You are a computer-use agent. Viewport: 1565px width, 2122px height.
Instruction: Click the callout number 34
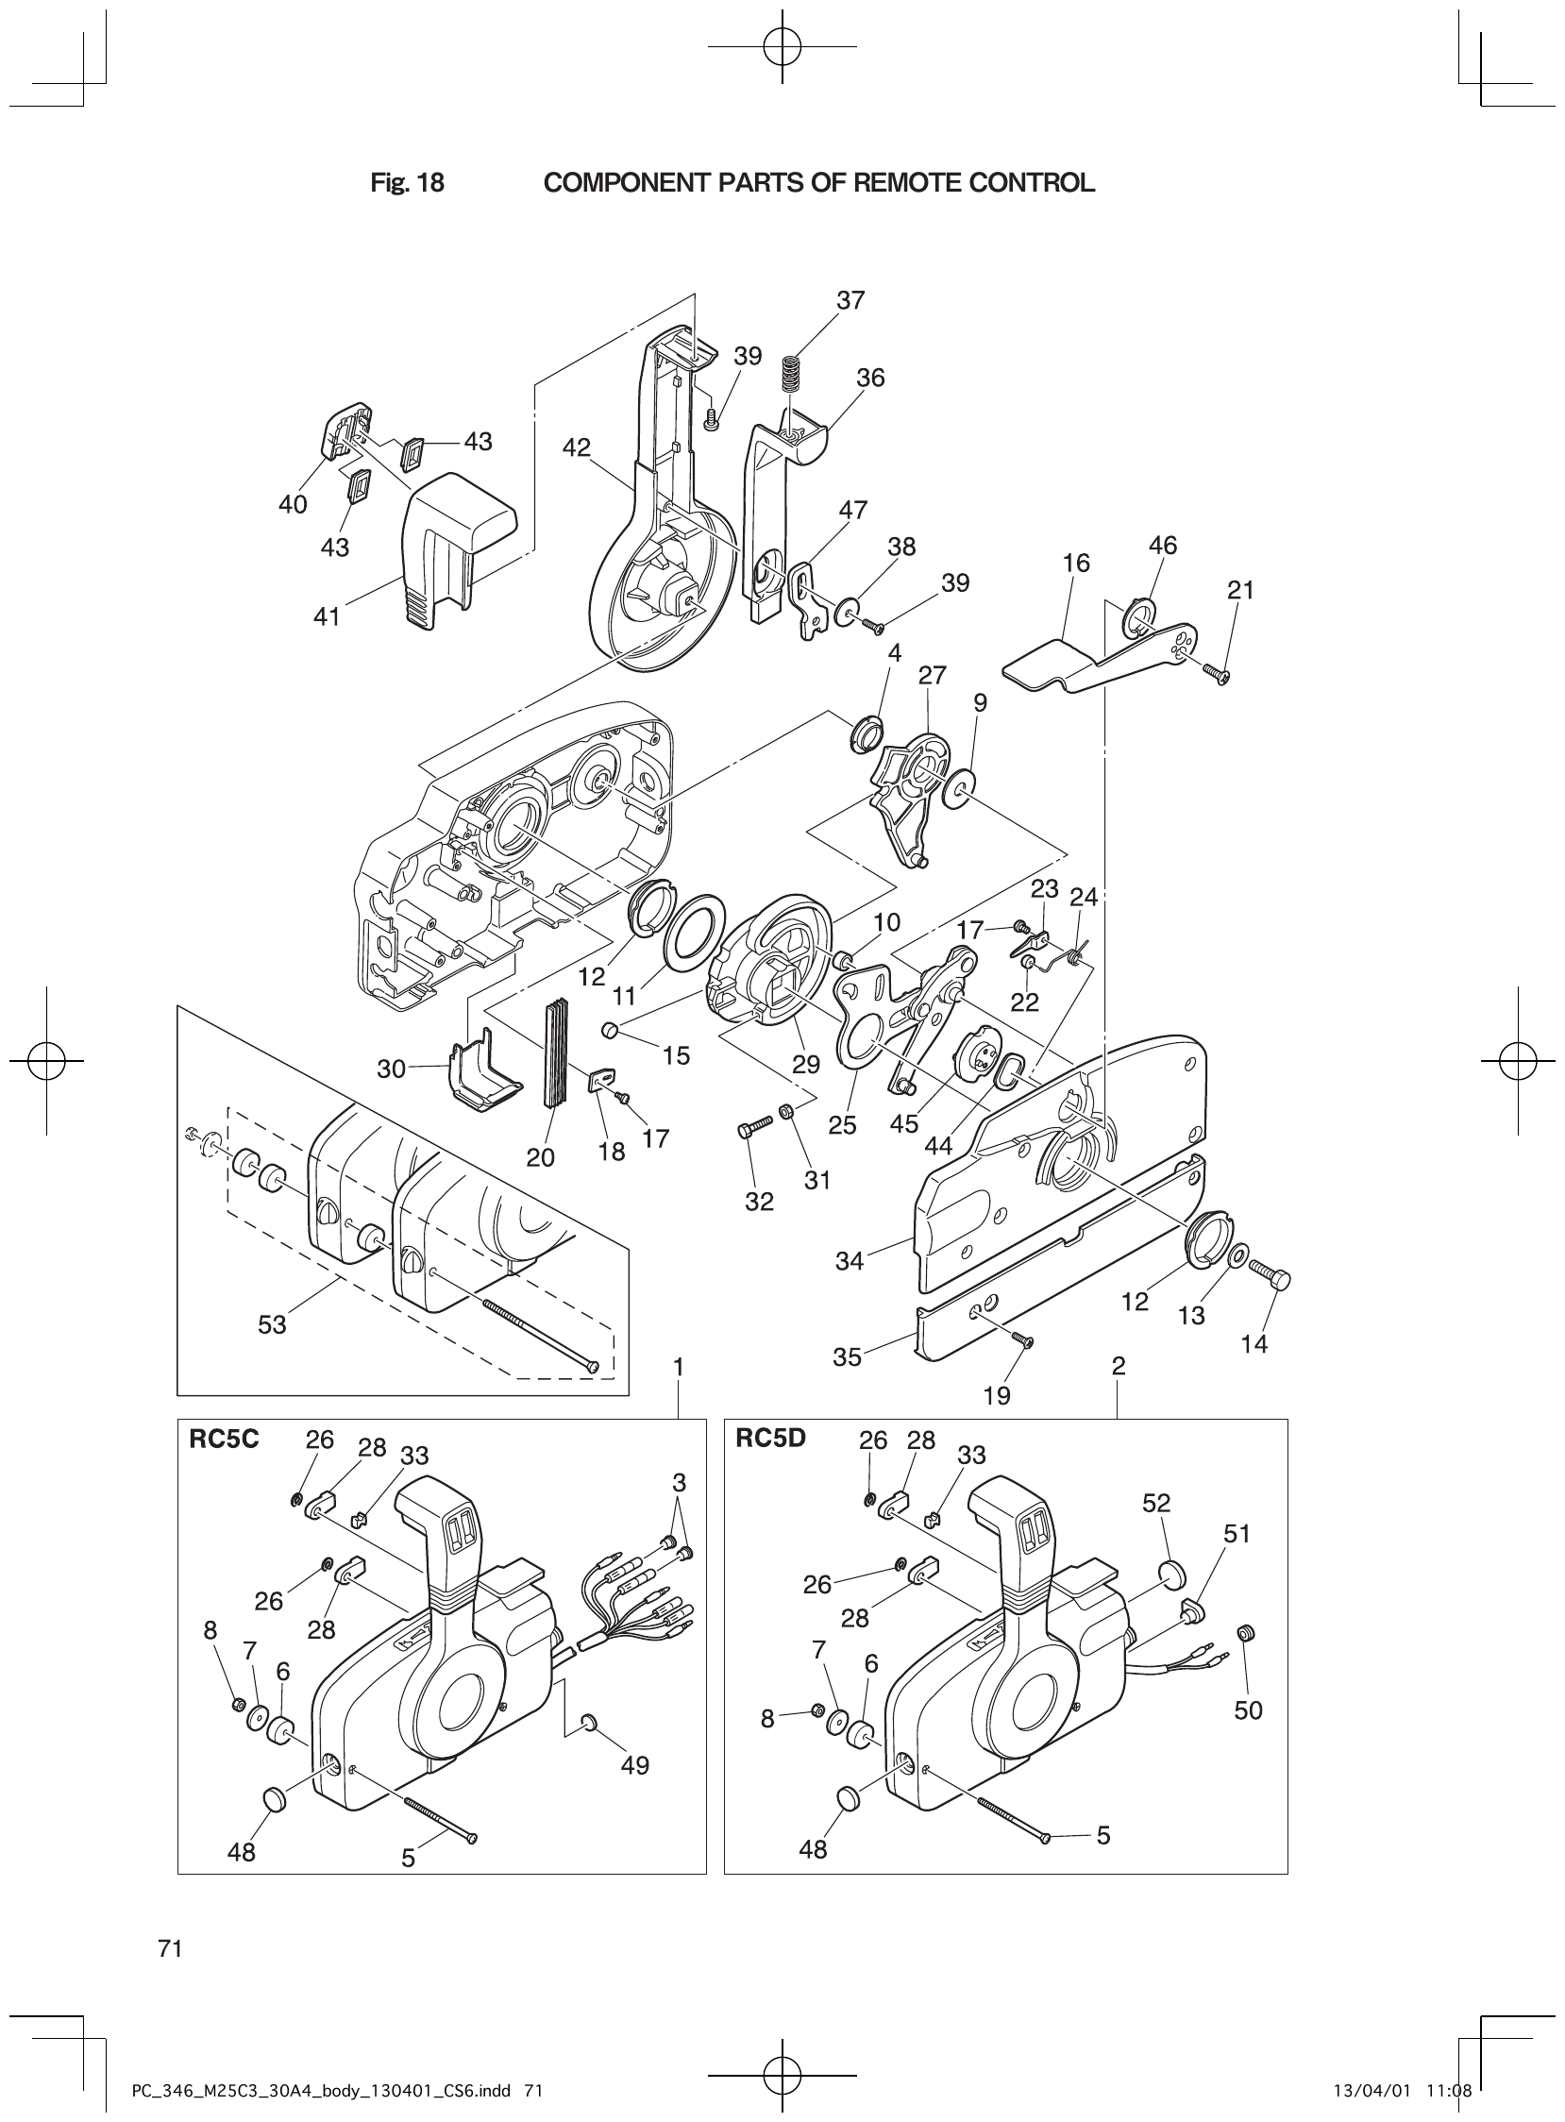pos(850,1261)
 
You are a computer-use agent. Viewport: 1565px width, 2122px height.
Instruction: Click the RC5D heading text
pos(770,1438)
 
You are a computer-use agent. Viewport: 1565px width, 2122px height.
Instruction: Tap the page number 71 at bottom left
pos(171,1948)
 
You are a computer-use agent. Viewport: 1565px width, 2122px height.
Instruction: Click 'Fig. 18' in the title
pos(408,183)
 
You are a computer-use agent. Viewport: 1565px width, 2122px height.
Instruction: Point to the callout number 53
pos(272,1324)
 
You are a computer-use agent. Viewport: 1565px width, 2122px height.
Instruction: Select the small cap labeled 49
pos(588,1719)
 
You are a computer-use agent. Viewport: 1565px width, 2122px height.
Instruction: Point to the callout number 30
pos(390,1069)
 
